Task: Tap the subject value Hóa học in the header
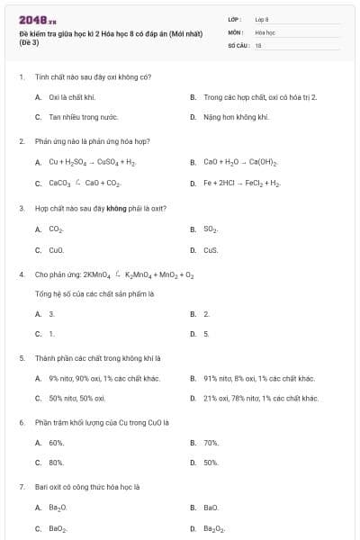[265, 31]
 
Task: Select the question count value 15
[258, 44]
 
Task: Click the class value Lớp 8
[262, 19]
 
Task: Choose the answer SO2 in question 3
[211, 229]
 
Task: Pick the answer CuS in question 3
[211, 250]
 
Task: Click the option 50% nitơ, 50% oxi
[77, 398]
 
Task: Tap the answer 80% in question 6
[56, 463]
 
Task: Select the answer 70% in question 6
[211, 443]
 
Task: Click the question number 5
[22, 357]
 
